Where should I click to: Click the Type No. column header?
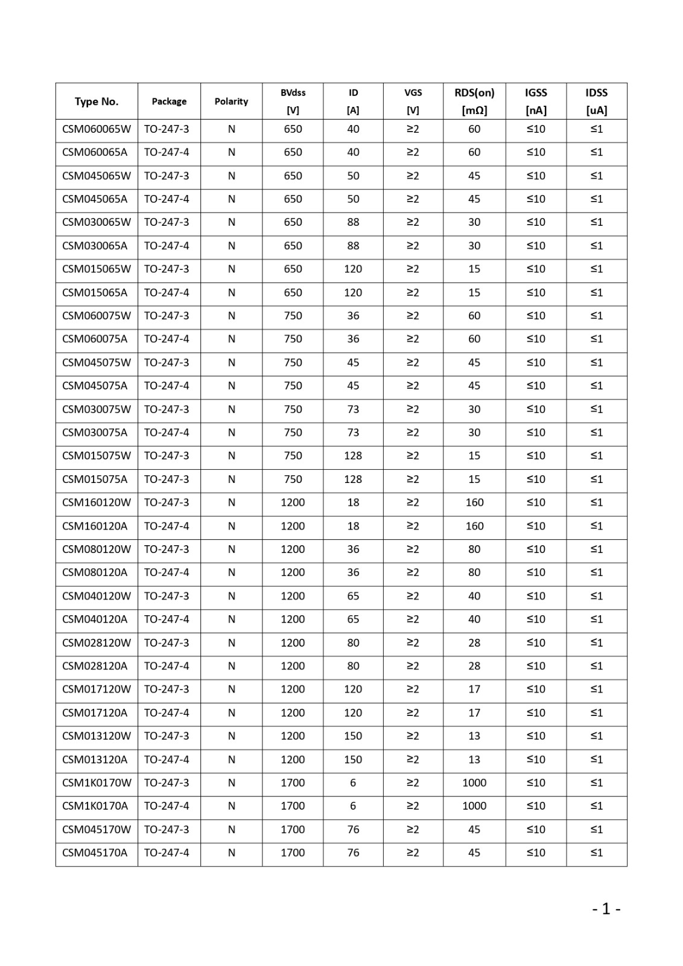(x=97, y=101)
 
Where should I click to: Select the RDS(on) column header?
(x=474, y=101)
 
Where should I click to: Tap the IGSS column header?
(x=536, y=101)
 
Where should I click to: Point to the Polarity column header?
(x=231, y=101)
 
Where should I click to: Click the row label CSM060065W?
(x=97, y=129)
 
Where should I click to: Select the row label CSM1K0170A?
(x=95, y=805)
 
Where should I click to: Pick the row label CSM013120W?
(x=97, y=735)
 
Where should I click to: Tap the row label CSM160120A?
(x=95, y=526)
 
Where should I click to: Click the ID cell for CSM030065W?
(x=353, y=222)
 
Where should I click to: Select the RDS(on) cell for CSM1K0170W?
(x=474, y=782)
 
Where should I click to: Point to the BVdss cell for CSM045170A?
(x=293, y=852)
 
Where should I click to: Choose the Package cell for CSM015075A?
(x=167, y=479)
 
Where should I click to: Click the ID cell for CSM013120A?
(x=353, y=759)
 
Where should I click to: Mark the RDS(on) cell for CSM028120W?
(x=474, y=642)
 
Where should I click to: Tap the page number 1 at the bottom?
(x=606, y=909)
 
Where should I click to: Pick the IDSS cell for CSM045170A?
(x=596, y=852)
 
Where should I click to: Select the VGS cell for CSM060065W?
(x=413, y=129)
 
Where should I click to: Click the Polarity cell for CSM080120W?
(x=231, y=549)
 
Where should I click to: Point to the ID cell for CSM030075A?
(x=353, y=432)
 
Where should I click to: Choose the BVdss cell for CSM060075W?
(x=293, y=315)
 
